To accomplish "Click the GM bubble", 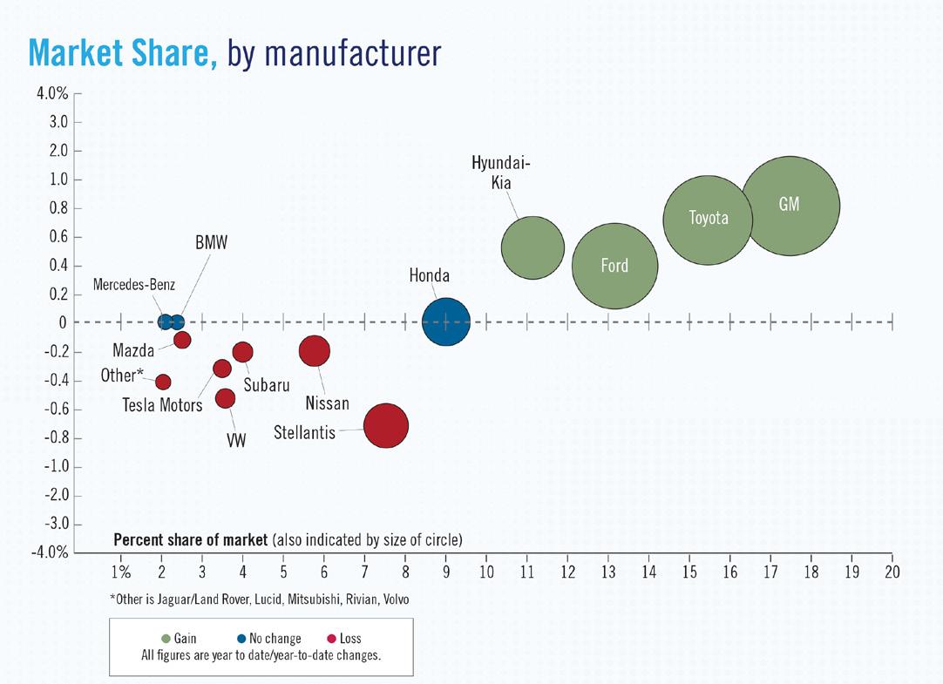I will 790,206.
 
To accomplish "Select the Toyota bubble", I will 708,219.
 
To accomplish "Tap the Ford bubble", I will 614,266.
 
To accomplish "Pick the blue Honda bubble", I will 445,322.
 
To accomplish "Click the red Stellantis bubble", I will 386,426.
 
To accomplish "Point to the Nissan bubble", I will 314,350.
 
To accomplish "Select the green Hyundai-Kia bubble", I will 533,247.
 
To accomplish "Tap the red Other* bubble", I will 163,382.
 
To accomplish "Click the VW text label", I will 236,442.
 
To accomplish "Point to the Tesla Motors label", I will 162,404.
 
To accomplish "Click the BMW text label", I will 210,243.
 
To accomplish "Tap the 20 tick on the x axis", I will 892,572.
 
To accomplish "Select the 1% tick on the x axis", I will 120,572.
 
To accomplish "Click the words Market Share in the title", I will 122,53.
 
